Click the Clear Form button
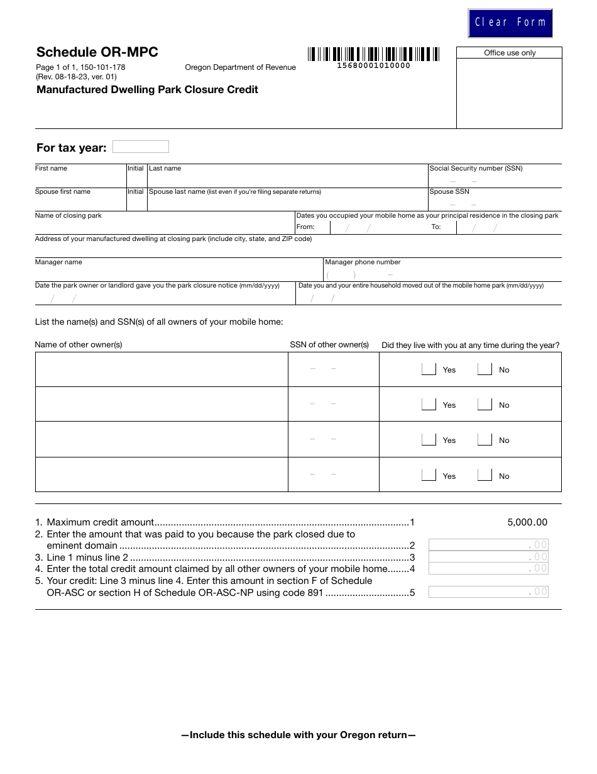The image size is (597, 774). (x=510, y=23)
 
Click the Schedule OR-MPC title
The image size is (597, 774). (x=97, y=52)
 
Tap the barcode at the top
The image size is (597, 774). (x=373, y=54)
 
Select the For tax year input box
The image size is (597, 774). (x=140, y=147)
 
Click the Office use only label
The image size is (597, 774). (x=510, y=53)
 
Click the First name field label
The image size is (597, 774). (x=51, y=169)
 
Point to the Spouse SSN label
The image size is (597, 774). (x=449, y=192)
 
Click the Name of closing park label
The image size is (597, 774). (x=68, y=216)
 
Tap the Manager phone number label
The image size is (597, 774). (x=363, y=262)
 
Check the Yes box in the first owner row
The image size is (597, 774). (x=429, y=369)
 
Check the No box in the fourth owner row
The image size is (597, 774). (x=485, y=476)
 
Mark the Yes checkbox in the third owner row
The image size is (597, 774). (x=429, y=440)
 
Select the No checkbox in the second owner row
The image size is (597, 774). (x=485, y=405)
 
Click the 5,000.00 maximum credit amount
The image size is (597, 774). (x=527, y=522)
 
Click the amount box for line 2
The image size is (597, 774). (x=488, y=545)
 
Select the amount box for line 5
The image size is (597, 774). (x=488, y=592)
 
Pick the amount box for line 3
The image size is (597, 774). (x=488, y=557)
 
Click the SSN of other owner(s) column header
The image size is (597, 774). (x=329, y=345)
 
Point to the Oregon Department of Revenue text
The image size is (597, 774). (x=240, y=67)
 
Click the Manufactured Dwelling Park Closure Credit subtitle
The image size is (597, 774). (x=147, y=90)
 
